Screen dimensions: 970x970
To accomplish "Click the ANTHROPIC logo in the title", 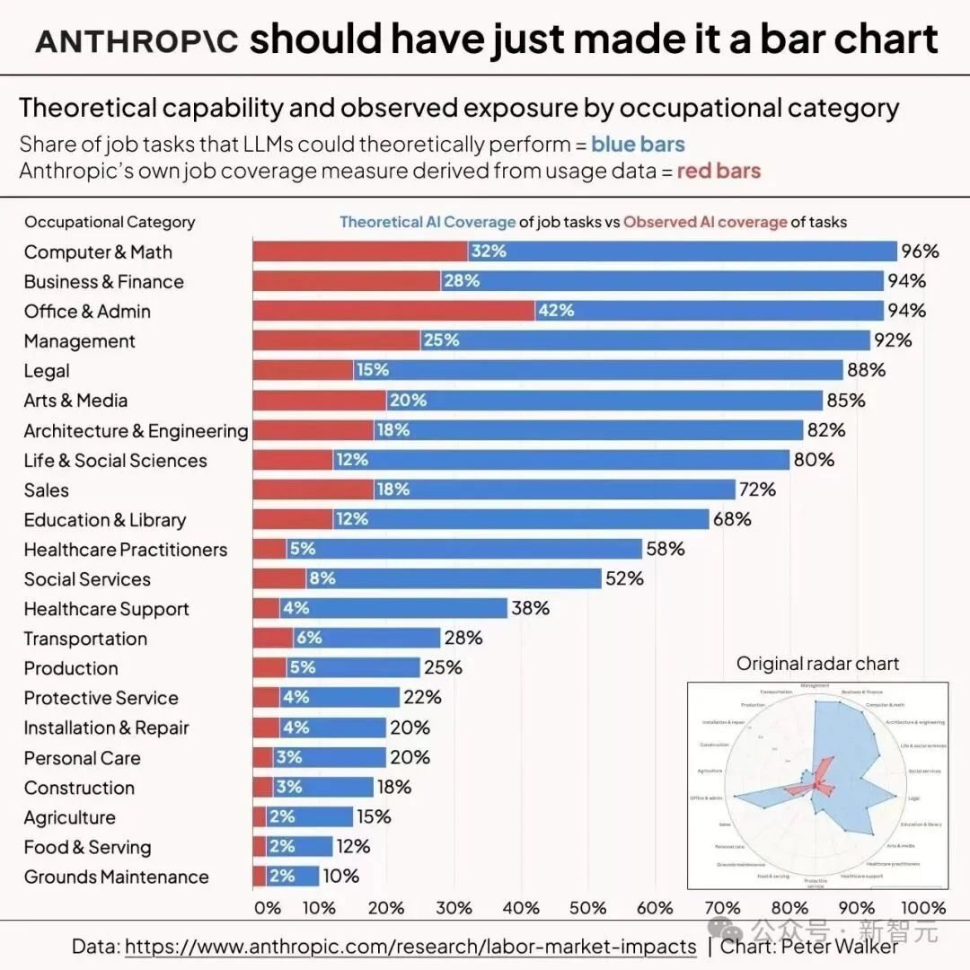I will pos(137,41).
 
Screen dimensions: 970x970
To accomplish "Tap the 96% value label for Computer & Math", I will pos(920,251).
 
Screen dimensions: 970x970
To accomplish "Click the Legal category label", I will pos(47,371).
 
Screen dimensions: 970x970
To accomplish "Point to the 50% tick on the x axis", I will pos(588,907).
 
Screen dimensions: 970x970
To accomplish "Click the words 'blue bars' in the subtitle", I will pos(638,145).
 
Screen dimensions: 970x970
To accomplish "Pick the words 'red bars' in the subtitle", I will pos(719,171).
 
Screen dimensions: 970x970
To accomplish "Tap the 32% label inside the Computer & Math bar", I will pos(489,251).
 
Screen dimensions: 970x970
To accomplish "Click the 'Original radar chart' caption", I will pos(817,664).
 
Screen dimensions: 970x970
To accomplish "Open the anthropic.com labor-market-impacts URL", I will pos(410,946).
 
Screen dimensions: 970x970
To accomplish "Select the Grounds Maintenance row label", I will pos(116,877).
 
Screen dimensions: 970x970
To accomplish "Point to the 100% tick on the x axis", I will pos(923,907).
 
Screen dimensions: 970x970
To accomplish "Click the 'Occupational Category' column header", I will pos(110,222).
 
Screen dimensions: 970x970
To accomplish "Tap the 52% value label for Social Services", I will pos(624,578).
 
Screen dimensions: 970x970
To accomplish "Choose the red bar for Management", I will pos(336,340).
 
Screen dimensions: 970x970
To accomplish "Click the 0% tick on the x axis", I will pos(268,907).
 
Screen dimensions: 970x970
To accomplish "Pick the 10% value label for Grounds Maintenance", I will pos(340,876).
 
